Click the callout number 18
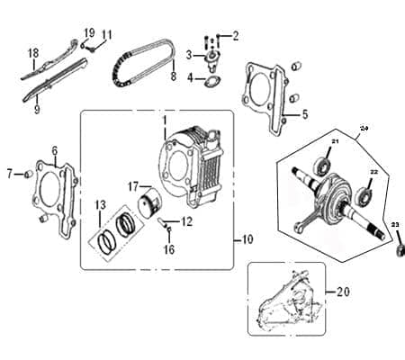[33, 52]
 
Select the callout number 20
[341, 291]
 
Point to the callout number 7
[10, 172]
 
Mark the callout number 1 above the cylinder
[164, 119]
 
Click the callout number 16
[168, 249]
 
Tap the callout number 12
[187, 221]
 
